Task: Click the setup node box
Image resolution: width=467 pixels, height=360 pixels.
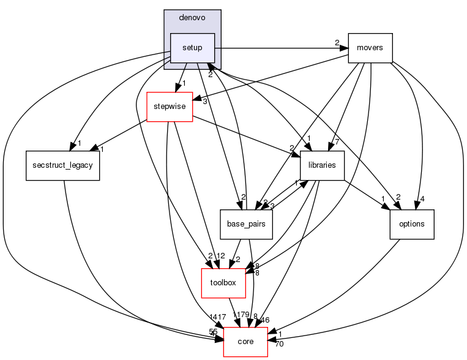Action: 192,48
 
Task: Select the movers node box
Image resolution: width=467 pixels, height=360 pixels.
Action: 370,48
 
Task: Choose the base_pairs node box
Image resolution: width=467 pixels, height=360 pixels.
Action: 246,224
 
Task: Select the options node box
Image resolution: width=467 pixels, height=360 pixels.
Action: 411,224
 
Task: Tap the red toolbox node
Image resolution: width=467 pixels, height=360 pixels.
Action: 223,283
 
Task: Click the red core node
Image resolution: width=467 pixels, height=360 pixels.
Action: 245,342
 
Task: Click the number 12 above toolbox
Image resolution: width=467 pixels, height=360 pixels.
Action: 222,256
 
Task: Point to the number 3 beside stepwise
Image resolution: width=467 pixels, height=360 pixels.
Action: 204,101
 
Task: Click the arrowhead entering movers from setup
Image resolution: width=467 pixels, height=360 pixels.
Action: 343,48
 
